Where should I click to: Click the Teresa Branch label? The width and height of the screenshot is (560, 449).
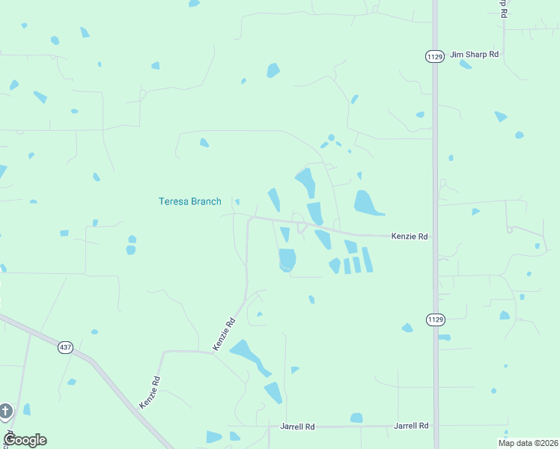(190, 201)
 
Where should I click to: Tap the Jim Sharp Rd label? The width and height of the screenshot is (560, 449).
(474, 55)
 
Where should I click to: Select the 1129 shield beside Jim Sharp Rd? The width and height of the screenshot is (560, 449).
(434, 56)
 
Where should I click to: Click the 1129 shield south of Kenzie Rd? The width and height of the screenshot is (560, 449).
(435, 320)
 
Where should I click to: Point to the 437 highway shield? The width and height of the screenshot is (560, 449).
(66, 348)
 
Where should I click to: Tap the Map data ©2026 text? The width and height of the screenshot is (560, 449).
(529, 443)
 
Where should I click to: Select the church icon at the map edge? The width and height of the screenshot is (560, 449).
(5, 411)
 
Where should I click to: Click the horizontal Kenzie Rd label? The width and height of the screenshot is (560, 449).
(409, 236)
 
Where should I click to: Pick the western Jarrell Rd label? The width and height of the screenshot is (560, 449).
(297, 426)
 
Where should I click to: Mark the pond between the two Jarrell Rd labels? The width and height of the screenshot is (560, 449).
(356, 418)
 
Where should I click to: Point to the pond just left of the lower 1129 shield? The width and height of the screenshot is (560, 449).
(407, 328)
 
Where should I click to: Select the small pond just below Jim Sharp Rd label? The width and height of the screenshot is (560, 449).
(466, 65)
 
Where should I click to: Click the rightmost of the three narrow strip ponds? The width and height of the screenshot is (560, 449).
(368, 259)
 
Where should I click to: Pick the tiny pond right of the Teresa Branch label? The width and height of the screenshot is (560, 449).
(237, 201)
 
